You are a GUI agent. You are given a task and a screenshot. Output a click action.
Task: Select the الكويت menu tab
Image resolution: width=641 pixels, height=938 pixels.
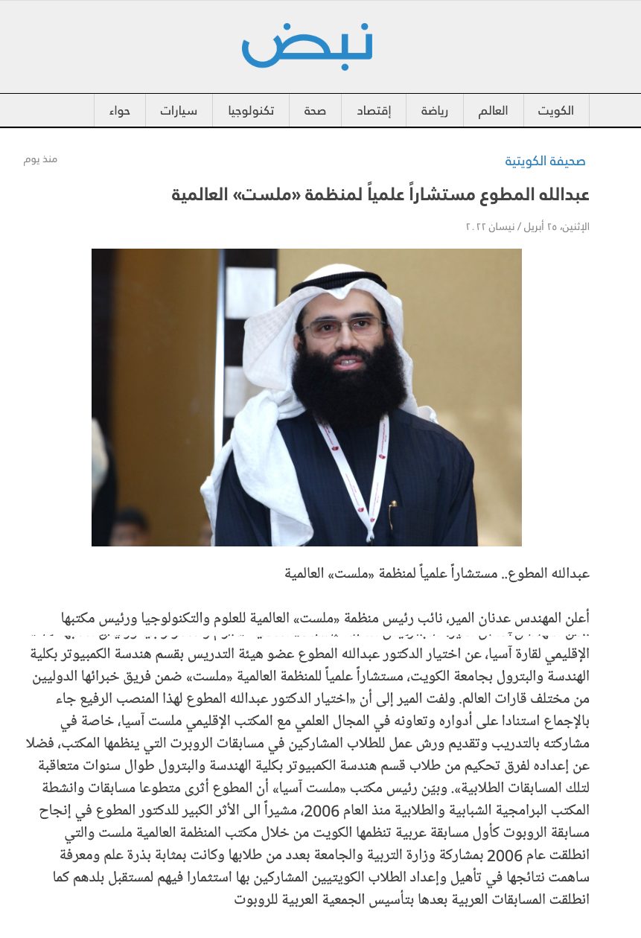(x=555, y=111)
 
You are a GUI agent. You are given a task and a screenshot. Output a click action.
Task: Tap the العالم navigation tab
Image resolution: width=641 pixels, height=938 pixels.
(x=493, y=111)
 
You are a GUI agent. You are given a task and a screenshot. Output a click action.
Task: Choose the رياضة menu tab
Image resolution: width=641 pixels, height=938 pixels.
(x=433, y=111)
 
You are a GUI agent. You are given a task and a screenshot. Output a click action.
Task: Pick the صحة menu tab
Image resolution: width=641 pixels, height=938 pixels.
(x=314, y=111)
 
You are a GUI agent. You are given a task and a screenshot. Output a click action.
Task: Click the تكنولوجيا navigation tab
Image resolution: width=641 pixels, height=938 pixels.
(x=250, y=111)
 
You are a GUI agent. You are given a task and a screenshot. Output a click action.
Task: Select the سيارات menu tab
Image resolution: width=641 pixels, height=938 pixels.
(x=178, y=111)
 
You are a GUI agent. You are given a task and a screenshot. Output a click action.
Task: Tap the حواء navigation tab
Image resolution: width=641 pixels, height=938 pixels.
(x=119, y=111)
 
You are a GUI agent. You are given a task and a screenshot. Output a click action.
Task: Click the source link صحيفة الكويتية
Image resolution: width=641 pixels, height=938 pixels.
(x=545, y=161)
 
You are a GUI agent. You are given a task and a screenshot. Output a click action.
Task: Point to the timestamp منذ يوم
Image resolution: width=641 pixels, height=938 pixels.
(x=40, y=159)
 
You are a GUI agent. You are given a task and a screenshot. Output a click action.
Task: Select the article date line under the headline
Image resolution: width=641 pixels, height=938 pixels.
(x=527, y=226)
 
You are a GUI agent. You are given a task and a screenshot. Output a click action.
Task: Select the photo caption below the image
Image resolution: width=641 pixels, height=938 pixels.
(x=437, y=573)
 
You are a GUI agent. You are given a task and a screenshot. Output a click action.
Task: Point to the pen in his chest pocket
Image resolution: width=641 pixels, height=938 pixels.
(x=392, y=509)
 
